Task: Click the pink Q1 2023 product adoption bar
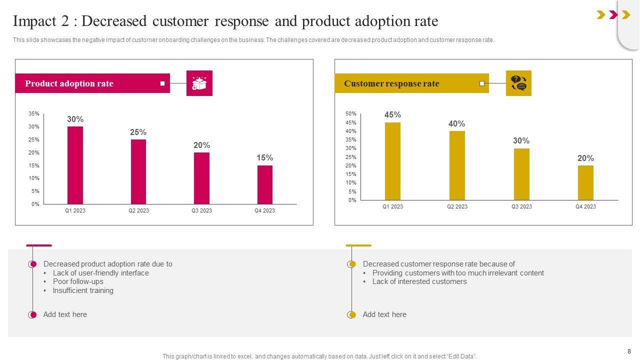(75, 165)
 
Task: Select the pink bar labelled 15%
(265, 184)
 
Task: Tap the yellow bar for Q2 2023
(457, 165)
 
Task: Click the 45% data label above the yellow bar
(392, 115)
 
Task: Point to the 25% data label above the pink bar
(138, 132)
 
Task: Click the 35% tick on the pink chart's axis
(34, 114)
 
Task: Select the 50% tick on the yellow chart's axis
(350, 114)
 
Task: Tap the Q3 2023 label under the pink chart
(201, 210)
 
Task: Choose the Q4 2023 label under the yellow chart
(585, 206)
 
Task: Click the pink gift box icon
(199, 83)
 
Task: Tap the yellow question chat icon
(518, 83)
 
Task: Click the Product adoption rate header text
(69, 83)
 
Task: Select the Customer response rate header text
(391, 83)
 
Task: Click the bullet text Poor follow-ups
(78, 281)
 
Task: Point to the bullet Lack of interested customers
(419, 281)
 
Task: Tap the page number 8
(629, 351)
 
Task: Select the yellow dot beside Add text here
(352, 314)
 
